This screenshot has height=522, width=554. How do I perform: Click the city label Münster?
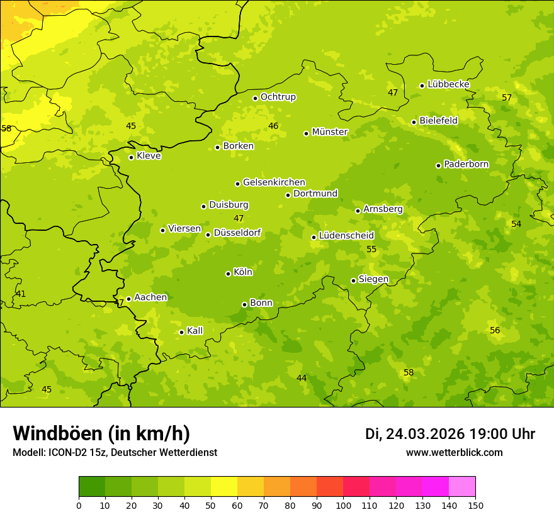[x=330, y=132]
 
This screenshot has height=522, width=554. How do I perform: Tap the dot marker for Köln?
[x=228, y=274]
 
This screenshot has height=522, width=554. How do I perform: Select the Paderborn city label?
[x=466, y=164]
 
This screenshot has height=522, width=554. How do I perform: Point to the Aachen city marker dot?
[x=129, y=299]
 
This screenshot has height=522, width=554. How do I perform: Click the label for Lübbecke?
[x=448, y=84]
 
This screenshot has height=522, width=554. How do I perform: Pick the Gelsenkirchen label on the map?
[x=274, y=182]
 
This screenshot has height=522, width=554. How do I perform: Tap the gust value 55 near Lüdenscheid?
[x=371, y=250]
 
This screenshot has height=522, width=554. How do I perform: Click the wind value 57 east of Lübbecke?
[x=507, y=97]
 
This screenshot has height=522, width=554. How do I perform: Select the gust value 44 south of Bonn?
[x=302, y=378]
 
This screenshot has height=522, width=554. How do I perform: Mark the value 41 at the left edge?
[x=21, y=294]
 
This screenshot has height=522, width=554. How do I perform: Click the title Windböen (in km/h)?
[x=101, y=433]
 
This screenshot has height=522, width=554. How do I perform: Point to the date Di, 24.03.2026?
[x=415, y=434]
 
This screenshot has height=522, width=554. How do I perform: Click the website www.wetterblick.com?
[x=454, y=453]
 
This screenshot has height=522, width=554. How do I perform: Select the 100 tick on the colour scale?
[x=343, y=506]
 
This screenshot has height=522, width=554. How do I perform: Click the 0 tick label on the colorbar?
[x=79, y=506]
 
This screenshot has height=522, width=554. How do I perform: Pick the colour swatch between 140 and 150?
[x=462, y=487]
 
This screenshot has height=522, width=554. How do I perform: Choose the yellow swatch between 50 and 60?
[x=224, y=487]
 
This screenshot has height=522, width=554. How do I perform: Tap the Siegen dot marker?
[x=353, y=280]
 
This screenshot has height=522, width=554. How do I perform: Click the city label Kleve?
[x=149, y=156]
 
